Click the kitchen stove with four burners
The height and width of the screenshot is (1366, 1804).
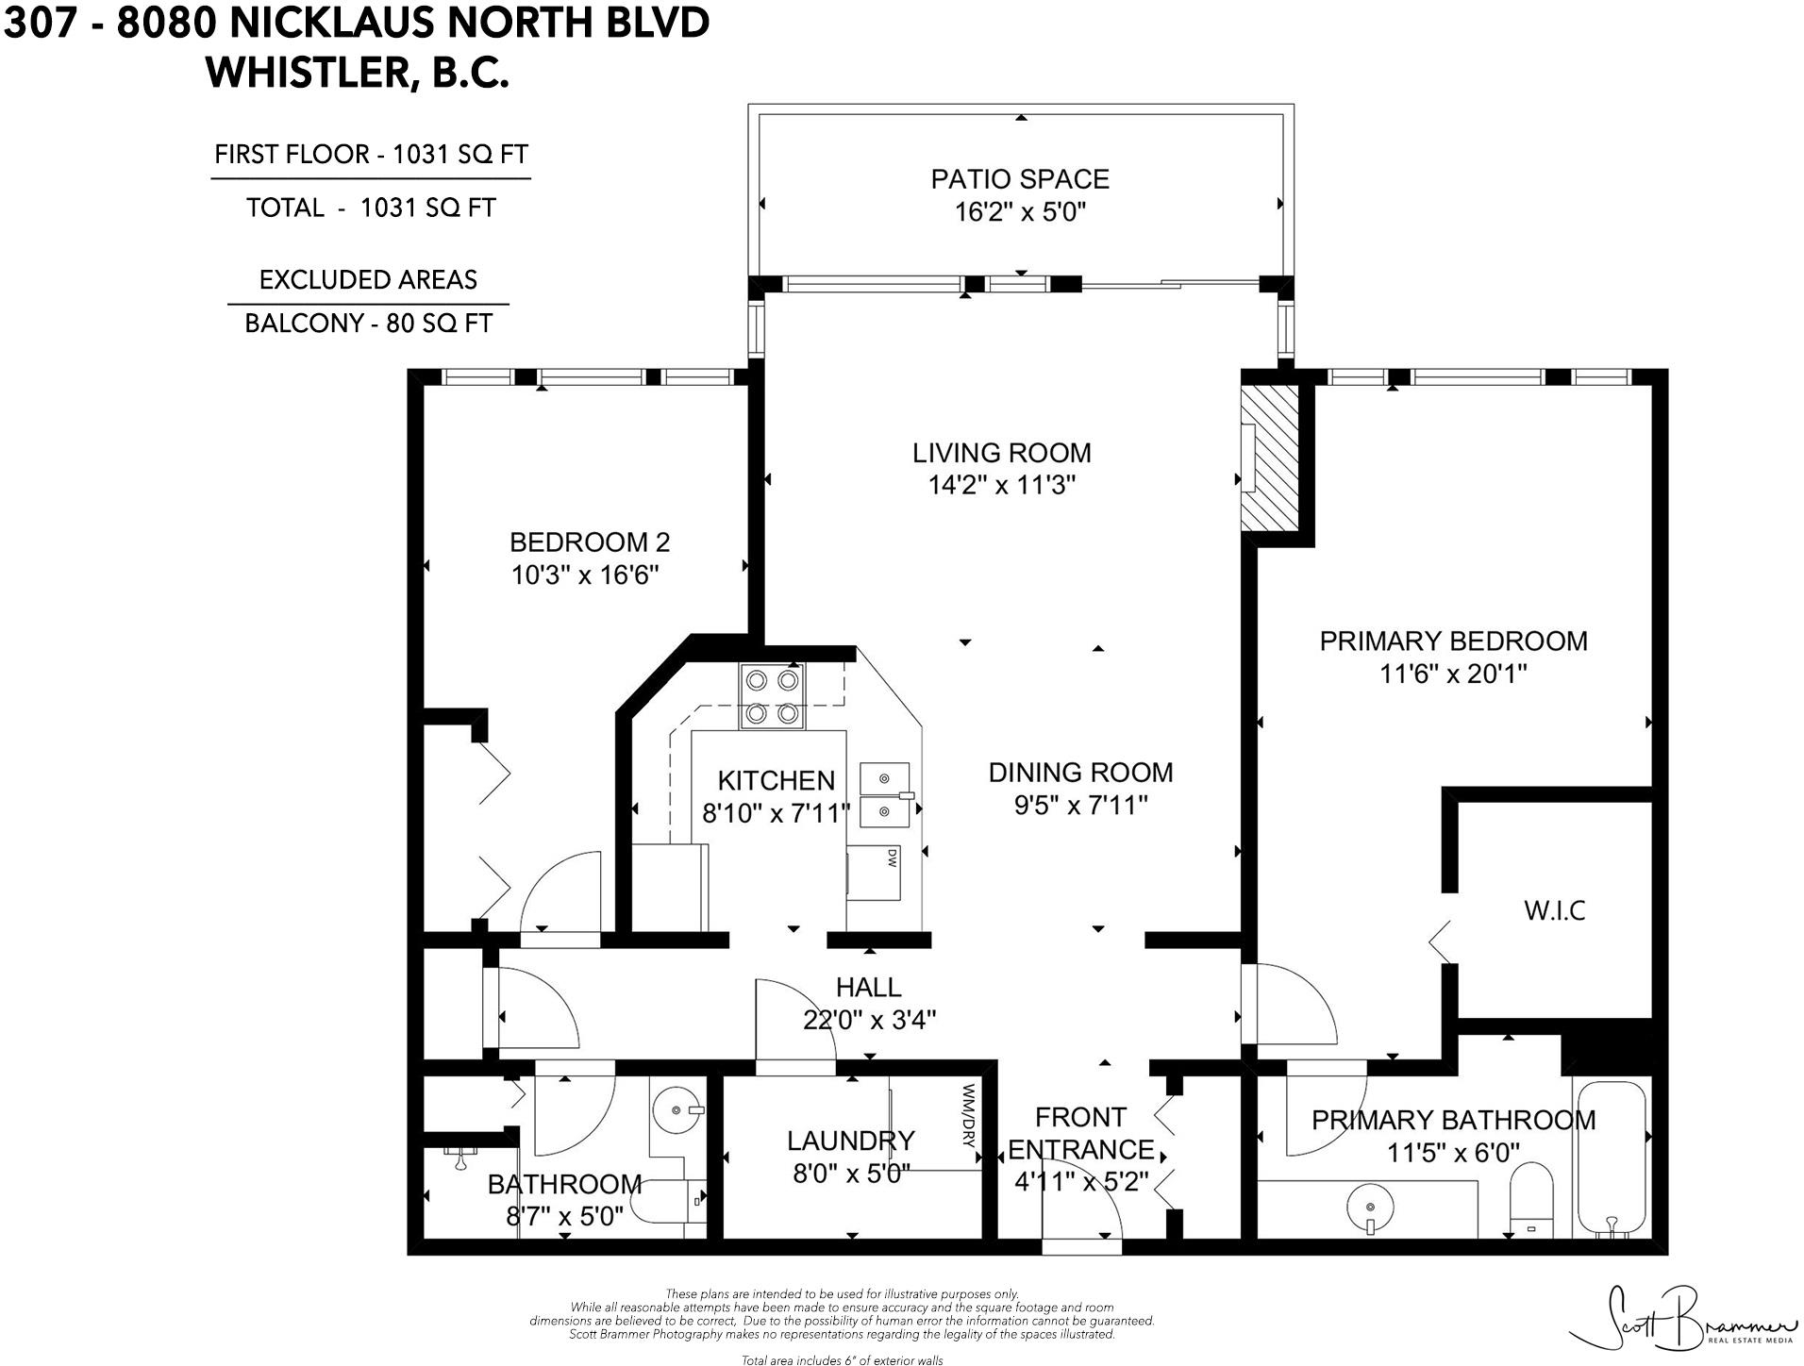tap(773, 696)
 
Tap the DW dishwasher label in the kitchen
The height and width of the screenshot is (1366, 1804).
tap(890, 858)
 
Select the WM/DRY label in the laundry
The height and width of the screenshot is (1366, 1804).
tap(968, 1114)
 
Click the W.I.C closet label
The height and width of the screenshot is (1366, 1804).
tap(1554, 910)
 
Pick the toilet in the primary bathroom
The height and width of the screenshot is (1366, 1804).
tap(1530, 1200)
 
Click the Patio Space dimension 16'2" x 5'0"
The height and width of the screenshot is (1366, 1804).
tap(1020, 211)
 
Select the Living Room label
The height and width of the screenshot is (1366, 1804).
tap(1001, 453)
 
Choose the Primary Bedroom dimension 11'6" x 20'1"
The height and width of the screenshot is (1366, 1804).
tap(1452, 674)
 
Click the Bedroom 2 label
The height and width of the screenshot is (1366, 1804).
tap(589, 542)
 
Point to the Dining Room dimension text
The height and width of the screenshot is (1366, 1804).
tap(1080, 805)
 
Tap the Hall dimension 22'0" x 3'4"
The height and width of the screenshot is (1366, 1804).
tap(869, 1020)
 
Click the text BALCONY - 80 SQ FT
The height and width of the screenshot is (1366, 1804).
tap(368, 324)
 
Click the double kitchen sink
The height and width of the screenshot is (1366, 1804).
tap(885, 794)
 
